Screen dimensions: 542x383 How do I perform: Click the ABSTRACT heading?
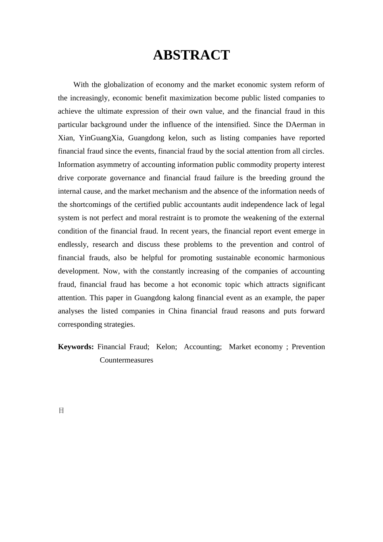(191, 55)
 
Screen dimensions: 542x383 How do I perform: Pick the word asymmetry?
(112, 165)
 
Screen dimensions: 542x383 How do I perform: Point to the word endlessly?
(73, 244)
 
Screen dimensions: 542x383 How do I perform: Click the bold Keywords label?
(76, 347)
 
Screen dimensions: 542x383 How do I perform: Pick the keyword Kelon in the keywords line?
(166, 347)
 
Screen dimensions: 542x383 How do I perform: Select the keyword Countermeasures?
(126, 360)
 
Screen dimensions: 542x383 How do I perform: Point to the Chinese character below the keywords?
(61, 411)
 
